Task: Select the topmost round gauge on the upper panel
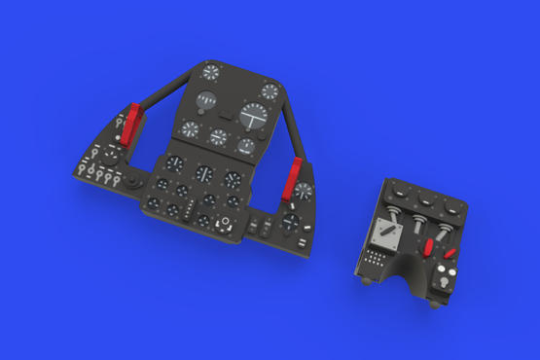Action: (x=212, y=72)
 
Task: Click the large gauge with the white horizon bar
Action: (x=255, y=117)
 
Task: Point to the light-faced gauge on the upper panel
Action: (x=208, y=102)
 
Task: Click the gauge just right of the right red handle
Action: (x=305, y=192)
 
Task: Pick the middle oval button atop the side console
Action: (x=424, y=198)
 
